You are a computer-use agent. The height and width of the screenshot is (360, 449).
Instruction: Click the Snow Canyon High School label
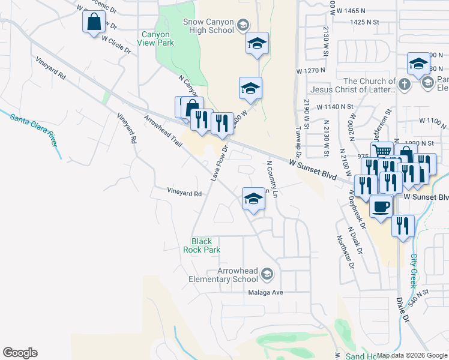[208, 25]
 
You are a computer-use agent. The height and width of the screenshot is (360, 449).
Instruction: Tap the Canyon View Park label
[157, 39]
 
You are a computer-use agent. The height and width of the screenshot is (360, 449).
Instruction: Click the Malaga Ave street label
[265, 293]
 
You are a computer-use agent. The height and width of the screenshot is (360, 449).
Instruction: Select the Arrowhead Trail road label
[163, 132]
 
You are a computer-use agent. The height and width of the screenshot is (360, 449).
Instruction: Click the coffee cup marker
[381, 207]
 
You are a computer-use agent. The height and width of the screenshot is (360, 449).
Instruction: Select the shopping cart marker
[381, 152]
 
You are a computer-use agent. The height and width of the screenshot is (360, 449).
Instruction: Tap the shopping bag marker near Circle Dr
[94, 23]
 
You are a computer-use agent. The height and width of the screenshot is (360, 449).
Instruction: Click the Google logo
[20, 353]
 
